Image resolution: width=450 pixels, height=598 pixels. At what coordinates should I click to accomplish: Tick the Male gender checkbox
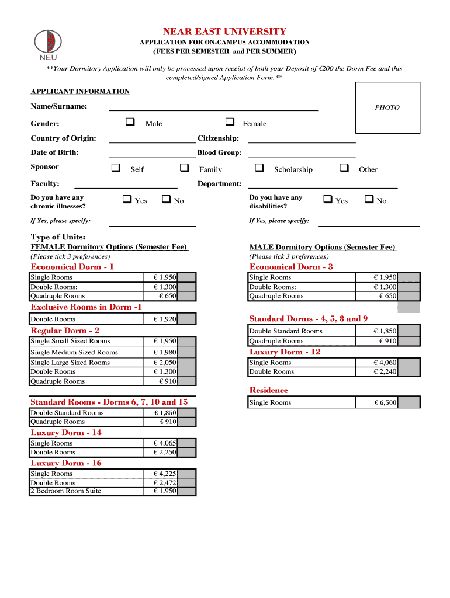[130, 123]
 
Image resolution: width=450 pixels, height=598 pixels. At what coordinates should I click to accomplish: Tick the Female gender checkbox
[230, 123]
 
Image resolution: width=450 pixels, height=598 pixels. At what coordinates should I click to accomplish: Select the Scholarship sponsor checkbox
[259, 168]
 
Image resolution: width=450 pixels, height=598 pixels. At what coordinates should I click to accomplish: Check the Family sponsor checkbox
[185, 168]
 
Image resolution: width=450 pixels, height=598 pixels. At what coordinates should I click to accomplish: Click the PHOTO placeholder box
[387, 108]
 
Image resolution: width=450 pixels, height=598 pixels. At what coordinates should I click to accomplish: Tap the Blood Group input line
[302, 154]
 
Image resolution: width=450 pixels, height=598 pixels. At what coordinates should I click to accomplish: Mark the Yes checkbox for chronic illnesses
[127, 200]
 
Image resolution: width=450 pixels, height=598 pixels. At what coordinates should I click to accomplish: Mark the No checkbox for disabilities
[369, 200]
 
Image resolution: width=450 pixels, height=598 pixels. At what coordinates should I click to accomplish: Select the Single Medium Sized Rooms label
[74, 352]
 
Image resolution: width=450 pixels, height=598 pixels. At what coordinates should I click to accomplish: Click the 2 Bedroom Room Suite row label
[65, 491]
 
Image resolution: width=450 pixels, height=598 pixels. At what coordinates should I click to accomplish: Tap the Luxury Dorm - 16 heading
[66, 463]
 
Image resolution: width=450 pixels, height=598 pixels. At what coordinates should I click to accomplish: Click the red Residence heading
[268, 390]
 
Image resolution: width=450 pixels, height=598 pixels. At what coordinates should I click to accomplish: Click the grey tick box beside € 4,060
[409, 363]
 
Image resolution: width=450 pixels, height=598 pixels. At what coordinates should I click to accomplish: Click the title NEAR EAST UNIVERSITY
[224, 32]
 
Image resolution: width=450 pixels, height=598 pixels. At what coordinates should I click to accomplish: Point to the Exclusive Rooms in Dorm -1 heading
[86, 307]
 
